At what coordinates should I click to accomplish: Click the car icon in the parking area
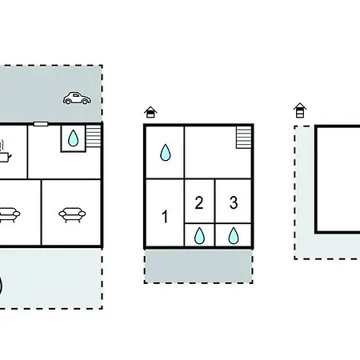(77, 98)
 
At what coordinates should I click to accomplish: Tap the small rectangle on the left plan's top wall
(41, 124)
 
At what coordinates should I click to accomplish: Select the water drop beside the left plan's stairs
(73, 138)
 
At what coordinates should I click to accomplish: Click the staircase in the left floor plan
(94, 136)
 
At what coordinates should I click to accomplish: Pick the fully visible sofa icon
(72, 214)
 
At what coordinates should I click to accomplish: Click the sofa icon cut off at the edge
(10, 215)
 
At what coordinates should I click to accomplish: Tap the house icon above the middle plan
(150, 112)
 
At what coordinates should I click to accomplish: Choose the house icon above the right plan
(300, 110)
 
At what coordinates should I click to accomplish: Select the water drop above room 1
(166, 153)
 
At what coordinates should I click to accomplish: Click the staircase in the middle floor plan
(244, 138)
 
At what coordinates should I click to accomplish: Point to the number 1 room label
(165, 216)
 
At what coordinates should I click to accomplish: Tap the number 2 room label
(199, 202)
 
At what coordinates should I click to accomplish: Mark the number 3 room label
(234, 202)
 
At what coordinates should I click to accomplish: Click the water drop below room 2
(199, 236)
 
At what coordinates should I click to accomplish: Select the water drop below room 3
(234, 236)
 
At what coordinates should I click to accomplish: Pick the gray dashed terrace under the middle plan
(198, 266)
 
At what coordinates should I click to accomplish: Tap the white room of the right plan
(338, 179)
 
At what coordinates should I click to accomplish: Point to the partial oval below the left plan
(1, 286)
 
